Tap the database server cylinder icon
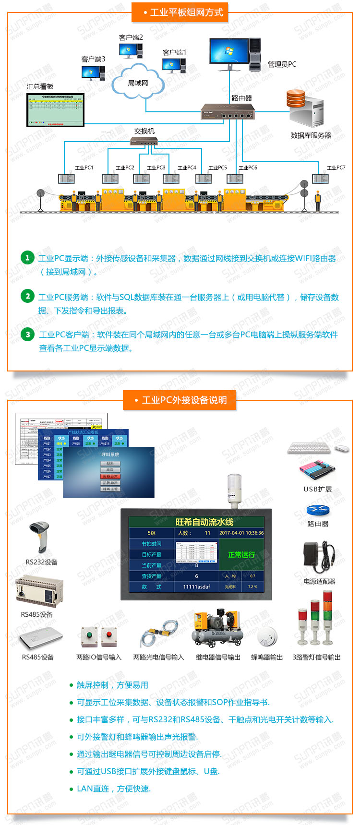coord(295,100)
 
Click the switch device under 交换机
coord(144,141)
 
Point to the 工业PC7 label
coord(336,167)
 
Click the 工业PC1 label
coord(84,167)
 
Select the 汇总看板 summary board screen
coord(55,110)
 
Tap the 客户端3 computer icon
coord(93,72)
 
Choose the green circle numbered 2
coord(28,296)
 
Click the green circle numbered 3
coord(28,335)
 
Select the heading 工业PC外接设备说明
coord(184,400)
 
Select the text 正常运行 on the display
coord(241,554)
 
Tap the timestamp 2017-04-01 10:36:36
coord(241,533)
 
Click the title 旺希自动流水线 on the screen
coord(204,522)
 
